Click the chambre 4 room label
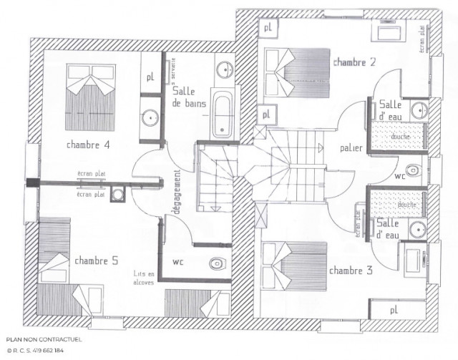click(88, 145)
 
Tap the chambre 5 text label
click(96, 261)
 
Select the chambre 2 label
click(354, 63)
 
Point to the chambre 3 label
click(351, 271)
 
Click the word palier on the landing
click(351, 148)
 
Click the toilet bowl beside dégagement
click(218, 263)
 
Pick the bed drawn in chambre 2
click(287, 69)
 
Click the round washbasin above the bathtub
click(224, 69)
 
